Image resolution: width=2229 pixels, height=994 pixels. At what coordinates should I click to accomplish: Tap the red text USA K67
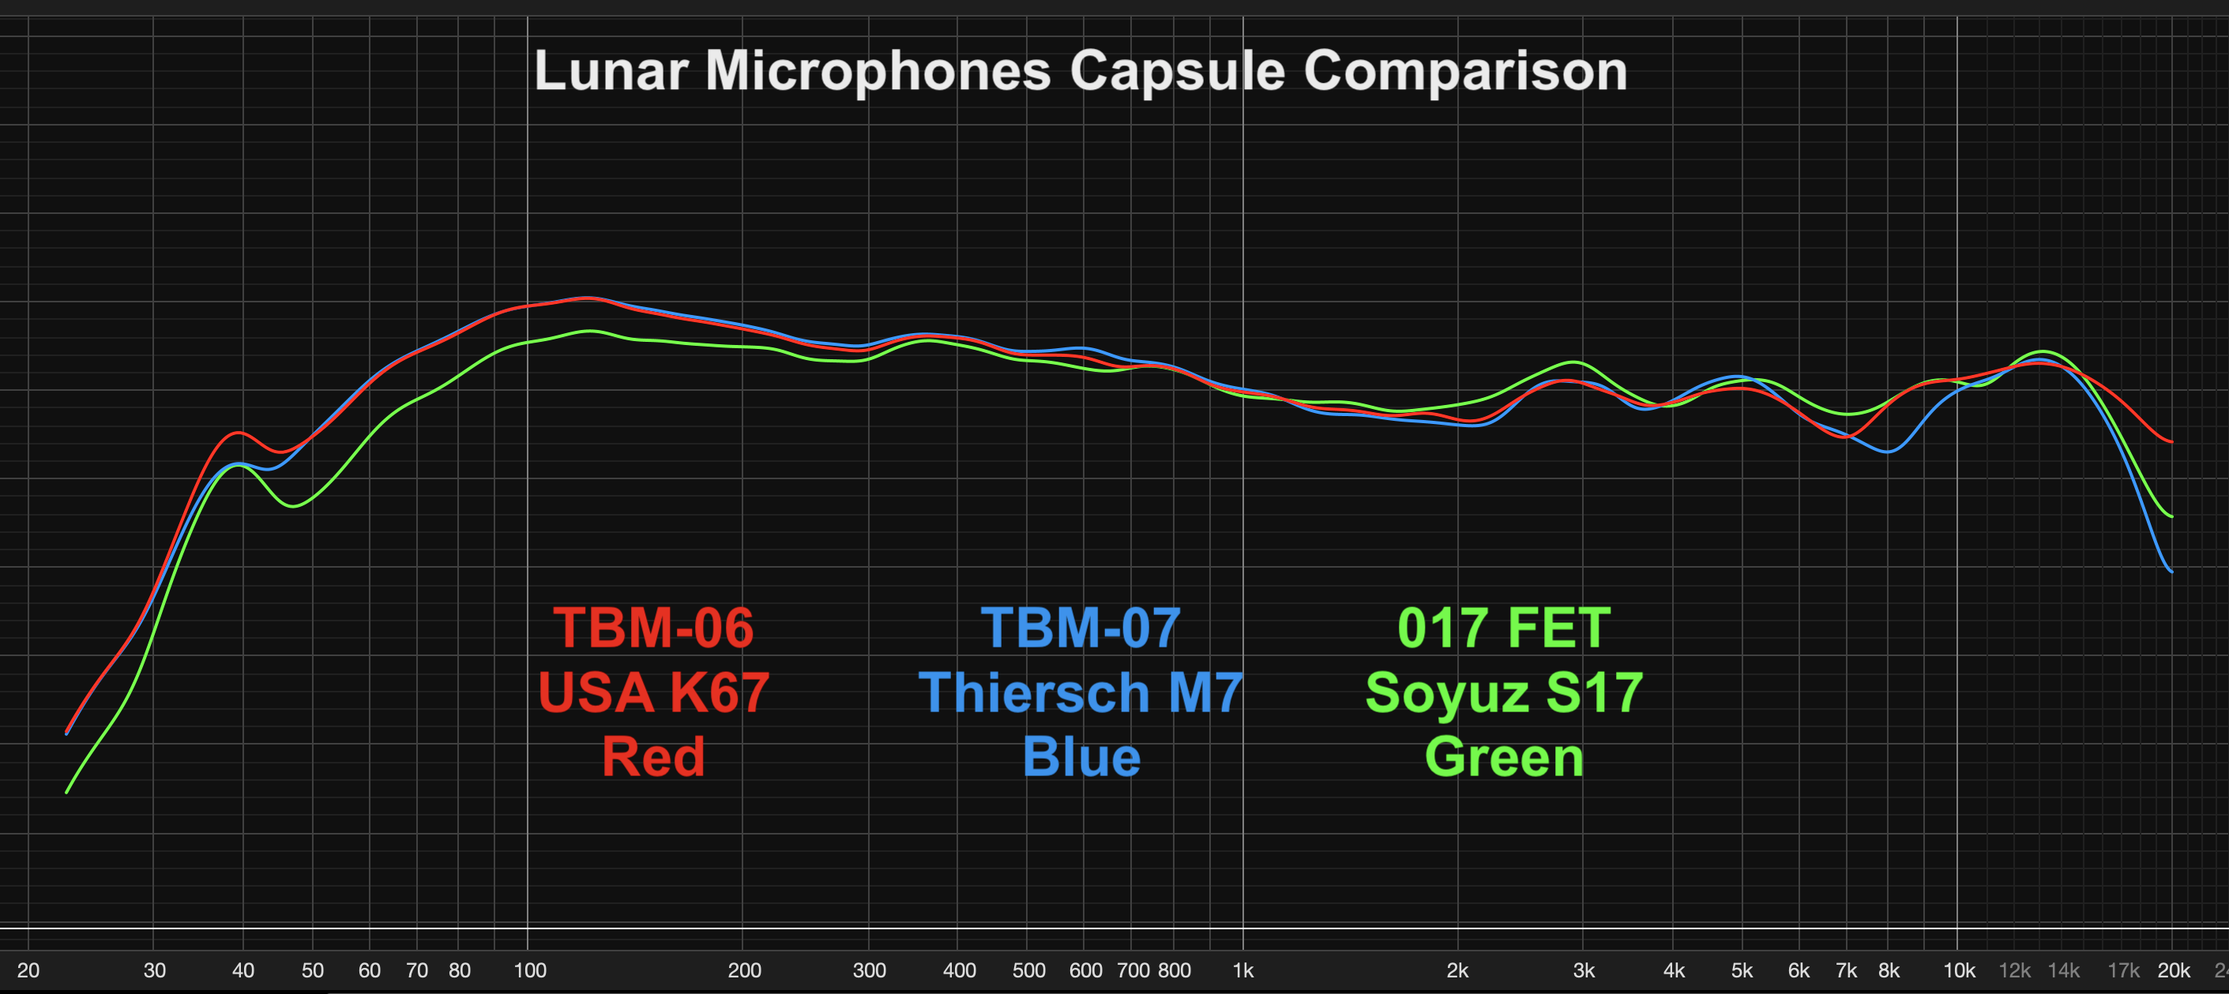[653, 692]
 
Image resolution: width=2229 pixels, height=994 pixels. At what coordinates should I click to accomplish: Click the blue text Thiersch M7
[1081, 692]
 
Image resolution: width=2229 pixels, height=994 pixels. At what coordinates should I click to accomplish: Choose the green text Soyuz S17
[1504, 692]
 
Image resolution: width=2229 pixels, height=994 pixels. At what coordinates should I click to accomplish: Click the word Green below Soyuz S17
[1504, 757]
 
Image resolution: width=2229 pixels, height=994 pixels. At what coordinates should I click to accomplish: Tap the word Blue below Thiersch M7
[1081, 757]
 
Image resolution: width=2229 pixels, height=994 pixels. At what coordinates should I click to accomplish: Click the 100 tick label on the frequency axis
[529, 970]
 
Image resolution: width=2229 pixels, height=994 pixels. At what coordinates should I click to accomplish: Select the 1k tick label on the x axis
[1242, 970]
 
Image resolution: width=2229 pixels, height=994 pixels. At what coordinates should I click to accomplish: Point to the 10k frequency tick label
[1959, 970]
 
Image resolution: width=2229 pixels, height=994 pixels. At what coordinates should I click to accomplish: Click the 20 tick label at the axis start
[28, 970]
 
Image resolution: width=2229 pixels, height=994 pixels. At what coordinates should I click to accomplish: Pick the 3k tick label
[1584, 970]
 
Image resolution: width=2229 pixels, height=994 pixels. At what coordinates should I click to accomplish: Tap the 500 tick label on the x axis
[1029, 970]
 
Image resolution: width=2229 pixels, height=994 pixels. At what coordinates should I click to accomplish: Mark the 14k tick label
[2064, 970]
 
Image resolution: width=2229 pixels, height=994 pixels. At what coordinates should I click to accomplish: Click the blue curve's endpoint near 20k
[2171, 571]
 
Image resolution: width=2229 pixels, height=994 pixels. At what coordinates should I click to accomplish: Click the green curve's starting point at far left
[67, 792]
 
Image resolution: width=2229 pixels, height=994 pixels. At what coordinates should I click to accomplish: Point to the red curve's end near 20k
[2171, 442]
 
